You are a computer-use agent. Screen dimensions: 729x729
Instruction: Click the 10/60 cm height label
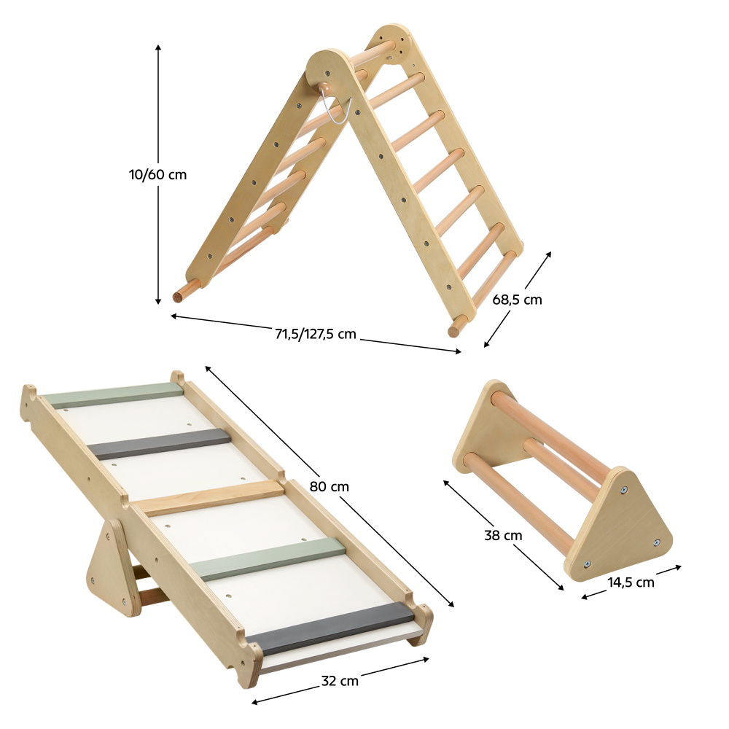tap(157, 175)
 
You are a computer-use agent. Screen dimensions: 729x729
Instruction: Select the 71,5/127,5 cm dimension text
tap(315, 334)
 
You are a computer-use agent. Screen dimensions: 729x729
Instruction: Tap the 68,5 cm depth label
tap(517, 300)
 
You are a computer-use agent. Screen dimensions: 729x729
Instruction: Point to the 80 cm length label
tap(330, 486)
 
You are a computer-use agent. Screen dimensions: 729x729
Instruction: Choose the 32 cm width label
tap(340, 681)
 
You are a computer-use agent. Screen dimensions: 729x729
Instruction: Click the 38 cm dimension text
tap(503, 536)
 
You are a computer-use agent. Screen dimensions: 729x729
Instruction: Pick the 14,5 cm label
tap(631, 582)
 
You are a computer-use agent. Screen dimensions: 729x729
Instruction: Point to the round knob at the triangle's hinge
tap(325, 87)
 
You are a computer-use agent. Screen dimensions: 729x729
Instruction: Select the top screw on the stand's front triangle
tap(623, 490)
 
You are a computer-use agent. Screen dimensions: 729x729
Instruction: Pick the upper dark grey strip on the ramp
tap(159, 443)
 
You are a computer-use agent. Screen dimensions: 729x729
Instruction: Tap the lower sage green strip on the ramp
tap(268, 558)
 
